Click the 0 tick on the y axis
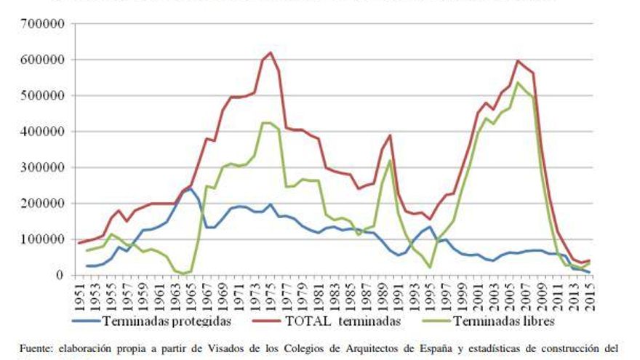coord(60,275)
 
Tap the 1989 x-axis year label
coord(382,296)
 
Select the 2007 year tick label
coord(524,296)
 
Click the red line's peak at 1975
coord(271,52)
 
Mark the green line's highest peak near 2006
coord(517,82)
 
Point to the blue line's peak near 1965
coord(189,188)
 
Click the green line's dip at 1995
coord(430,268)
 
